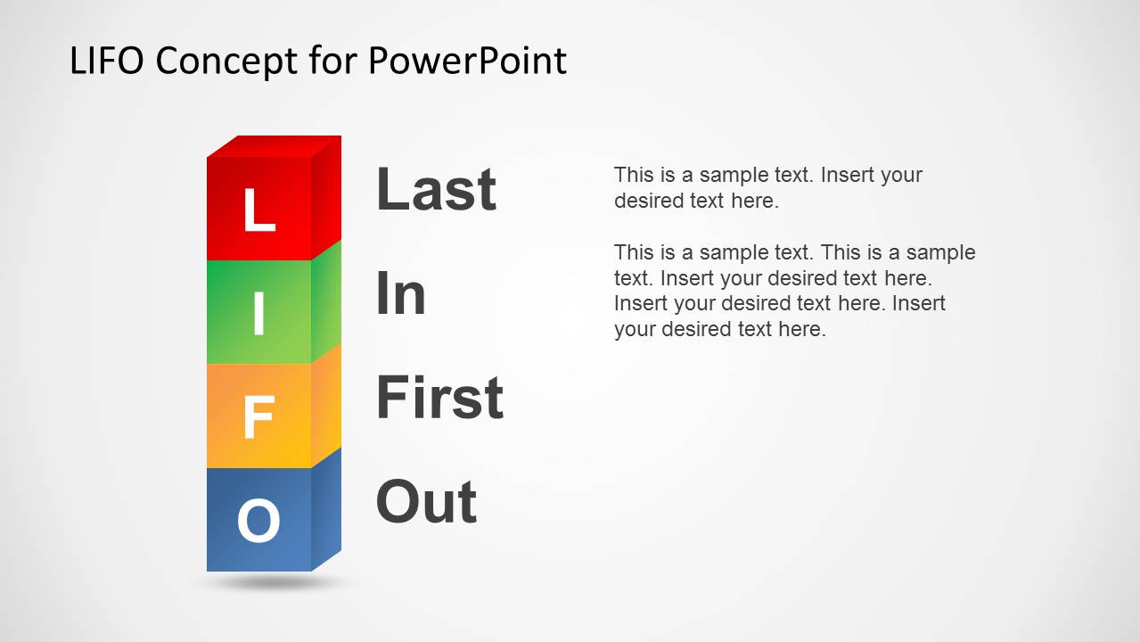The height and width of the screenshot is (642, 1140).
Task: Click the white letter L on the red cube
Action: tap(259, 210)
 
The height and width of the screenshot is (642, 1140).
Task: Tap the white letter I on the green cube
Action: tap(259, 313)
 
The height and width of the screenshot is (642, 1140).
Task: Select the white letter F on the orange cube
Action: tap(258, 417)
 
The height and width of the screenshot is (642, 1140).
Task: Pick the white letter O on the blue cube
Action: tap(258, 521)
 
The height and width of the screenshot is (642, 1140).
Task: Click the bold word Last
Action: tap(436, 189)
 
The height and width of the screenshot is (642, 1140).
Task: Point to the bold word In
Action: tap(400, 292)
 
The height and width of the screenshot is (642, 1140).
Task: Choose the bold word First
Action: tap(439, 397)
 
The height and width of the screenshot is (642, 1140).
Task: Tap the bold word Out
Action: tap(426, 501)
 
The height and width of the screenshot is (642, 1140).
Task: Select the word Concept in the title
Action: tap(226, 62)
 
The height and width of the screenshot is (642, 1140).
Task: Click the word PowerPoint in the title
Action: tap(467, 61)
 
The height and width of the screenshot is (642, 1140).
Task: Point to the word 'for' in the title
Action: tap(332, 60)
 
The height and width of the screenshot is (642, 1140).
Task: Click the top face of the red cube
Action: tap(275, 146)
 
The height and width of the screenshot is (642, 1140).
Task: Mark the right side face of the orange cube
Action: tap(326, 406)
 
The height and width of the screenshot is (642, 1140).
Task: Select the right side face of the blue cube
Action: tap(326, 510)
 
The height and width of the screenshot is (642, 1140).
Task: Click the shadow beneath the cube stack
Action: tap(275, 582)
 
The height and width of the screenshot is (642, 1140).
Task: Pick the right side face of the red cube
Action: tap(326, 198)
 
